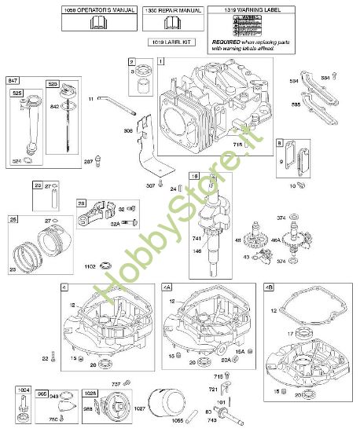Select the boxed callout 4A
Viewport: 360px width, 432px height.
(167, 287)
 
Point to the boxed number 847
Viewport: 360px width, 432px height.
(13, 81)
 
